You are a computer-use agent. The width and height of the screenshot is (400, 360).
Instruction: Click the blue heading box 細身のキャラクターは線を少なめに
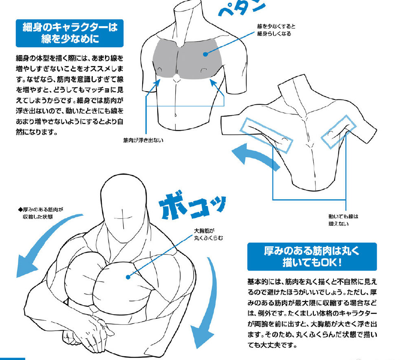coord(66,33)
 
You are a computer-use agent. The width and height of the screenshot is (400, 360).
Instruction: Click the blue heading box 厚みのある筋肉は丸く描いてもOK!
coord(312,256)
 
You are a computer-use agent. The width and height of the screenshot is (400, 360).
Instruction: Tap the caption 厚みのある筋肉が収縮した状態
coord(43,213)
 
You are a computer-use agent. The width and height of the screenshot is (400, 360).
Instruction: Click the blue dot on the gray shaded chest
coord(205,53)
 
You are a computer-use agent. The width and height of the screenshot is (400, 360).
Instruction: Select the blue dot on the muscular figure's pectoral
coord(128,277)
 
